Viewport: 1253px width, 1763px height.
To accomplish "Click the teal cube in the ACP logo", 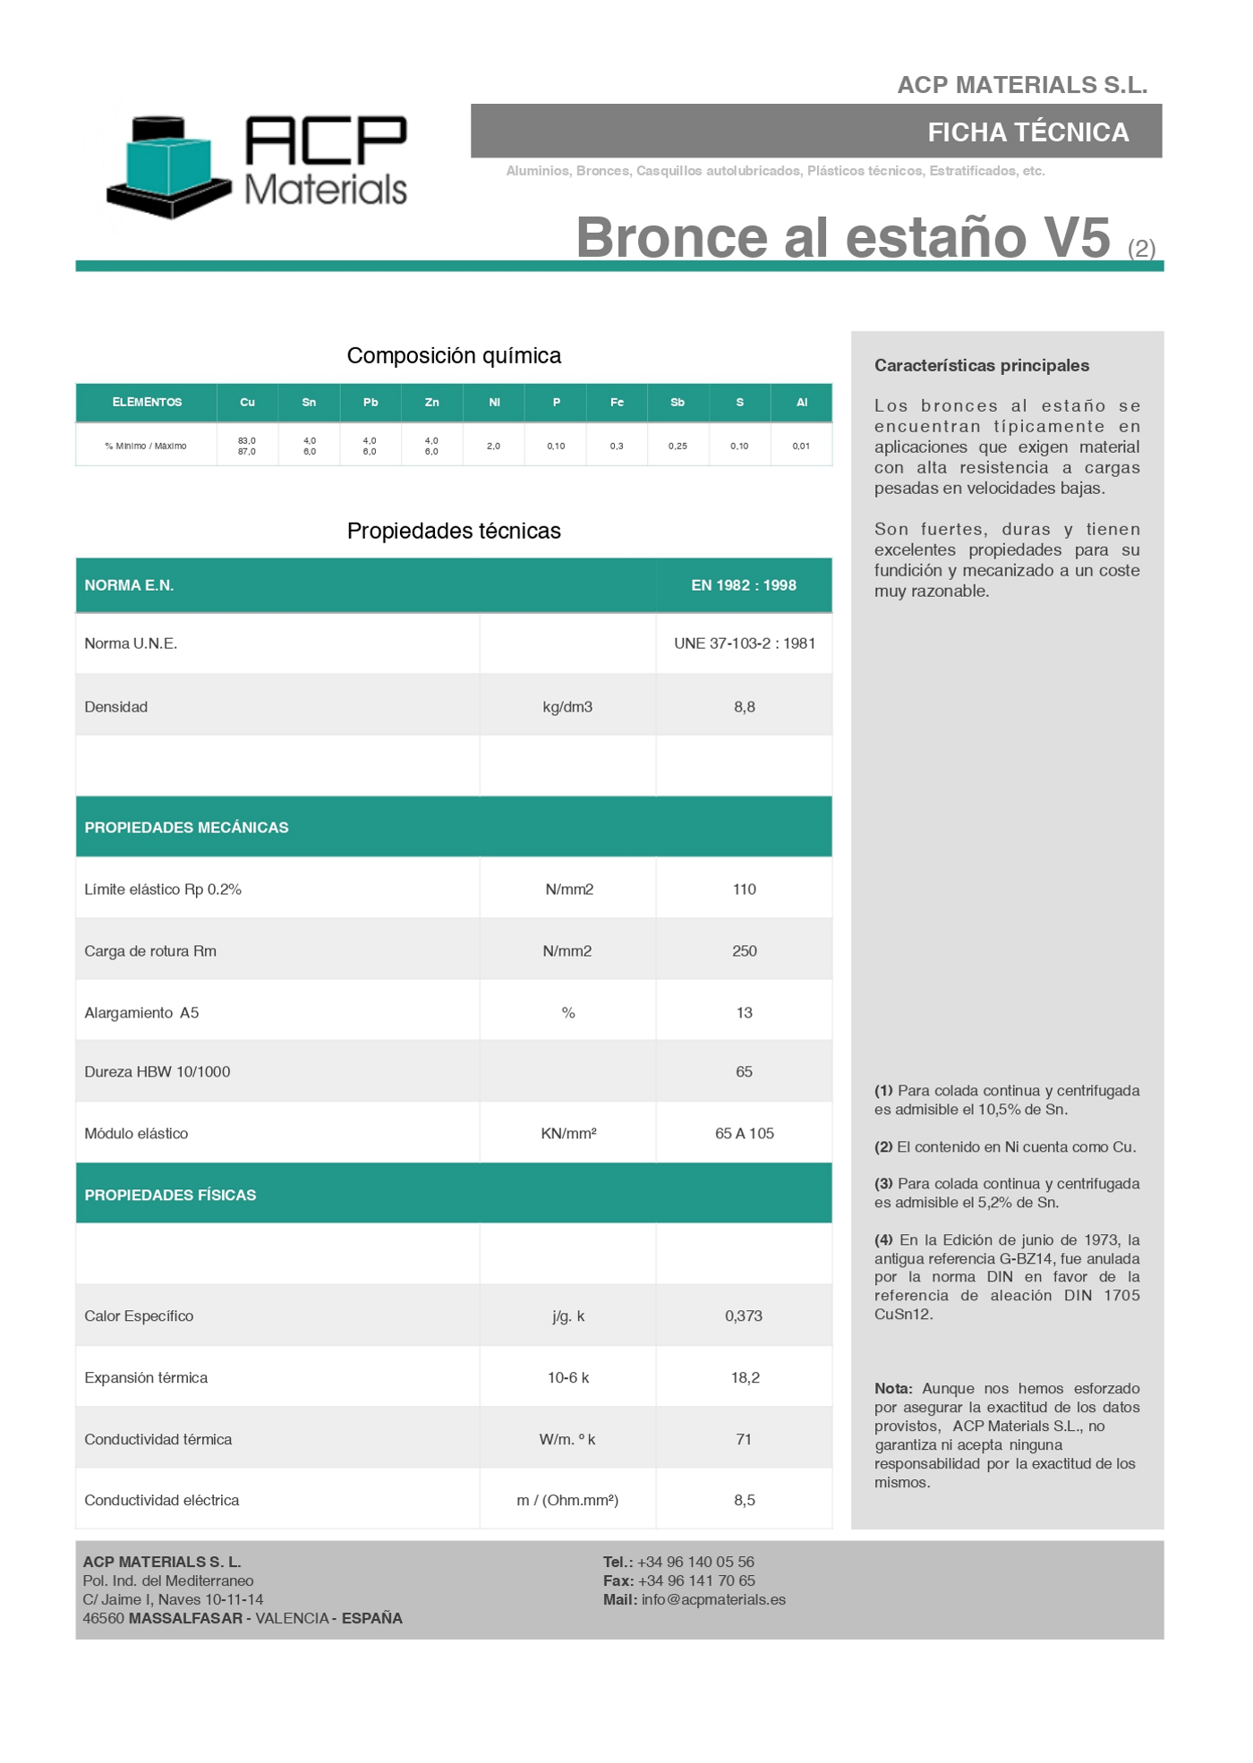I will point(167,162).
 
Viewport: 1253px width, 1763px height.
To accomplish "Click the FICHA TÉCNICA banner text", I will point(1027,132).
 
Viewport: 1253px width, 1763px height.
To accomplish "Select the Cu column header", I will point(247,403).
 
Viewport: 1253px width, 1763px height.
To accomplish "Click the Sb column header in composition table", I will point(678,403).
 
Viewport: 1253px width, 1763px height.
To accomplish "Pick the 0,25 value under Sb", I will point(678,446).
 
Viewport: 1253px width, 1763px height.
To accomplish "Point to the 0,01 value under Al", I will point(801,446).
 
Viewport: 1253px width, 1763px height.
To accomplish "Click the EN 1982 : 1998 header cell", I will point(743,585).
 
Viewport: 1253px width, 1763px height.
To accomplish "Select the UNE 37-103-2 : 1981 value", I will point(744,643).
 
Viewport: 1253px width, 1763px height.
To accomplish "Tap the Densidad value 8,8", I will point(744,707).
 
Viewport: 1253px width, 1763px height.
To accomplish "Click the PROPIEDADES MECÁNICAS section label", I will point(186,828).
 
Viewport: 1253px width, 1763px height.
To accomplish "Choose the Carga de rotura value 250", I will point(744,951).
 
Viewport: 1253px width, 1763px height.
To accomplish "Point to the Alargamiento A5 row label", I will point(141,1013).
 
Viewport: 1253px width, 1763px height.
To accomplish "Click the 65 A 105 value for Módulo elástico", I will point(744,1134).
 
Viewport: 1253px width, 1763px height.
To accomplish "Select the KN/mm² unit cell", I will point(568,1134).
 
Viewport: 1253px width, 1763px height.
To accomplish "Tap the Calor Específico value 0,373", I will point(743,1316).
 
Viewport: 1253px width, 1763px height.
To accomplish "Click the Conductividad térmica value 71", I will point(743,1440).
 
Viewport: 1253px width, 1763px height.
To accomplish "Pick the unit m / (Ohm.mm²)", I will point(567,1501).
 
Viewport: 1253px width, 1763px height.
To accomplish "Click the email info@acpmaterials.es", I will point(713,1600).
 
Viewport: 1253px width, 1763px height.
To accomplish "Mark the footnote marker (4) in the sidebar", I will point(883,1240).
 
